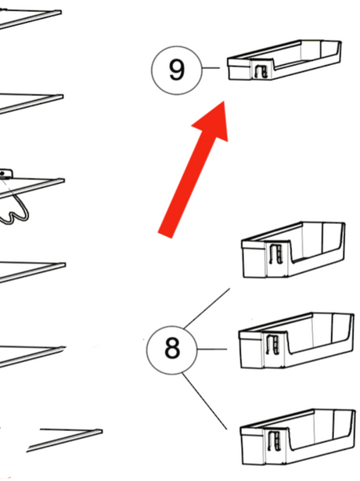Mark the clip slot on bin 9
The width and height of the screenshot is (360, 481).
pyautogui.click(x=261, y=72)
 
